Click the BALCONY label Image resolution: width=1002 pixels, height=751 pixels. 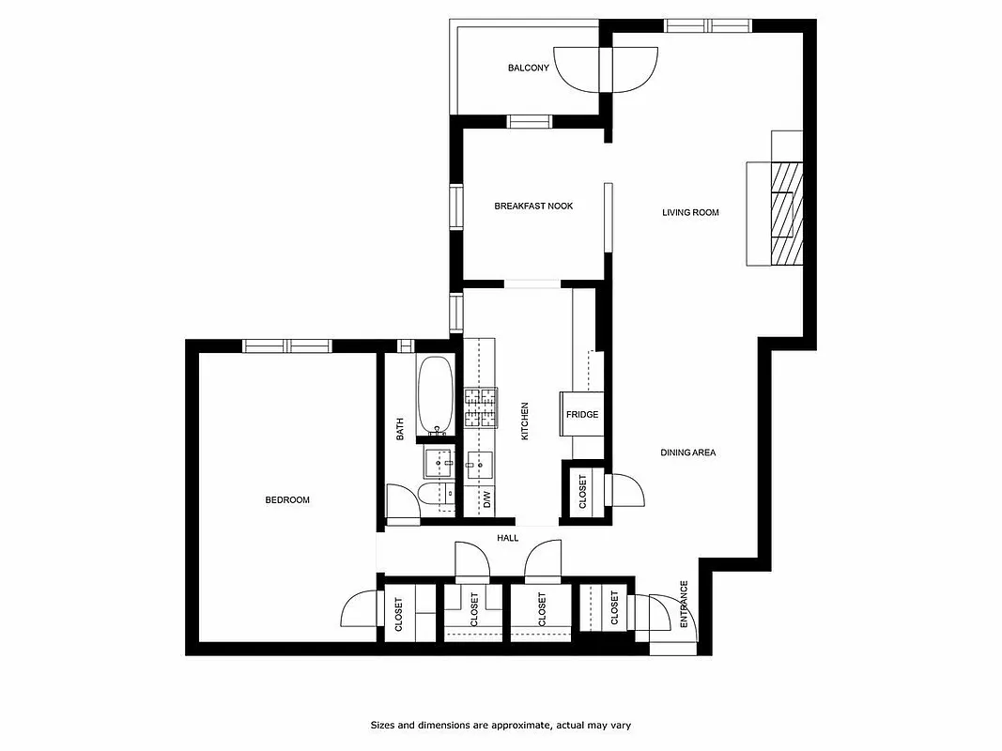coord(528,68)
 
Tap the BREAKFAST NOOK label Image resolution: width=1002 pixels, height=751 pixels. coord(533,207)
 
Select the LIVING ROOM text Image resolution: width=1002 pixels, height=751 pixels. coord(690,213)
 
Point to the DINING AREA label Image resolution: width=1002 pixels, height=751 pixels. coord(687,452)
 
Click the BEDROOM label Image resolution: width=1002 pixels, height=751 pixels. coord(286,500)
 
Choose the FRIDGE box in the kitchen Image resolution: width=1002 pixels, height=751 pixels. coord(581,414)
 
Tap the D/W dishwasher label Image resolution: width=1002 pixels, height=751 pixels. coord(487,498)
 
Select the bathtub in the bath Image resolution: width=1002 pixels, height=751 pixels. coord(435,394)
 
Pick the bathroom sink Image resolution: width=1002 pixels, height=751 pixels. coord(438,463)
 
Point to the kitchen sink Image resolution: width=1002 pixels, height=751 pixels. coord(480,463)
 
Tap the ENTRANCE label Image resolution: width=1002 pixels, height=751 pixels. coord(684,604)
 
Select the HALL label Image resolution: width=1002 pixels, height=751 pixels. coord(508,538)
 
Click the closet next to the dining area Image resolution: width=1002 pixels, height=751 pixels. coord(582,490)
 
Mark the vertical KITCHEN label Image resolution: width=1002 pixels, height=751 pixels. coord(525,421)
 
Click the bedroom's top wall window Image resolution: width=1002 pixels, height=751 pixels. coord(287,345)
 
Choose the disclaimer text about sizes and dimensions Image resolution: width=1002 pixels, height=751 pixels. coord(506,725)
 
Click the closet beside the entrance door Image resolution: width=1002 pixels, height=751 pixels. coord(614,607)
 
